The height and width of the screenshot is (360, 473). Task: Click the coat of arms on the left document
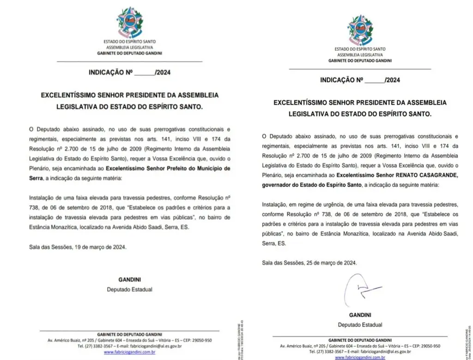pos(129,24)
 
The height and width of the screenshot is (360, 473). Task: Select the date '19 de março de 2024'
pos(100,247)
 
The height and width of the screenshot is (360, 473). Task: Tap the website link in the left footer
pos(129,352)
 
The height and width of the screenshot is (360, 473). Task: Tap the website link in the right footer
pos(360,357)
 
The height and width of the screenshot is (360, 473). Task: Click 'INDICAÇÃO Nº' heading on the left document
pos(111,73)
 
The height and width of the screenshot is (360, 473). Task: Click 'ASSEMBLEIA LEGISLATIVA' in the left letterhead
pos(129,48)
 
